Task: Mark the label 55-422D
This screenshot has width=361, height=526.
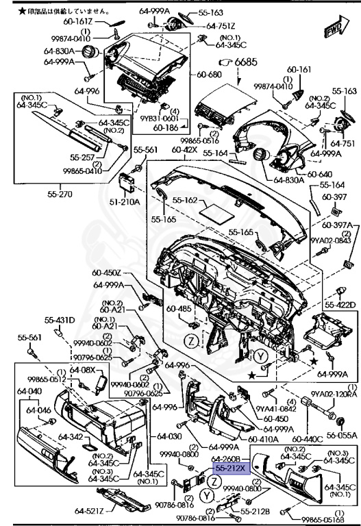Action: coord(340,305)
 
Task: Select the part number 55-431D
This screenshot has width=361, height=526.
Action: coord(60,320)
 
